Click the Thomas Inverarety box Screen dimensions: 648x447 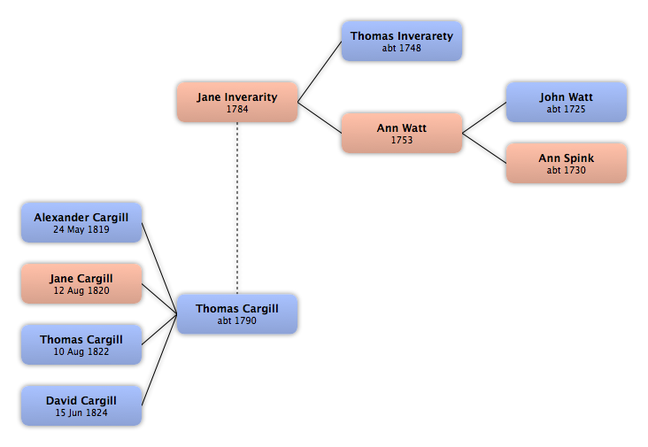click(402, 42)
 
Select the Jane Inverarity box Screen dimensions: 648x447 click(237, 102)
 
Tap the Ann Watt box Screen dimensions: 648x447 click(402, 133)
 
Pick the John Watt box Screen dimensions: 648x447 click(567, 102)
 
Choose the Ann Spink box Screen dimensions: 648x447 click(567, 163)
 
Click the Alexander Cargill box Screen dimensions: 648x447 click(81, 223)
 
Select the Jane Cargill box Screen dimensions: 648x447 click(81, 284)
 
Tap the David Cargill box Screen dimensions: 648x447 click(81, 405)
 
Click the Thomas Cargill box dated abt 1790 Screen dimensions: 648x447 click(237, 314)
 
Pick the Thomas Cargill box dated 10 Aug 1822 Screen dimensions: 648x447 click(81, 344)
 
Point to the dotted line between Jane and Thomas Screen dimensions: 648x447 click(237, 208)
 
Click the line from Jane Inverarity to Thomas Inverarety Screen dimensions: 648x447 click(320, 72)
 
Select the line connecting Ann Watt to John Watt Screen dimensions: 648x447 click(484, 118)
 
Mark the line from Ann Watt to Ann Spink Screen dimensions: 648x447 click(484, 148)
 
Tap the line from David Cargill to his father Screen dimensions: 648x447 click(159, 360)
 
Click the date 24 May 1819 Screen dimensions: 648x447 click(81, 229)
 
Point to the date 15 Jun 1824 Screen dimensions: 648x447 click(81, 412)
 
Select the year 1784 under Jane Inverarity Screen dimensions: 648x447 click(237, 109)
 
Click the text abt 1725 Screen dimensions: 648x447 click(567, 109)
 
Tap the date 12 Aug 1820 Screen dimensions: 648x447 click(81, 290)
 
